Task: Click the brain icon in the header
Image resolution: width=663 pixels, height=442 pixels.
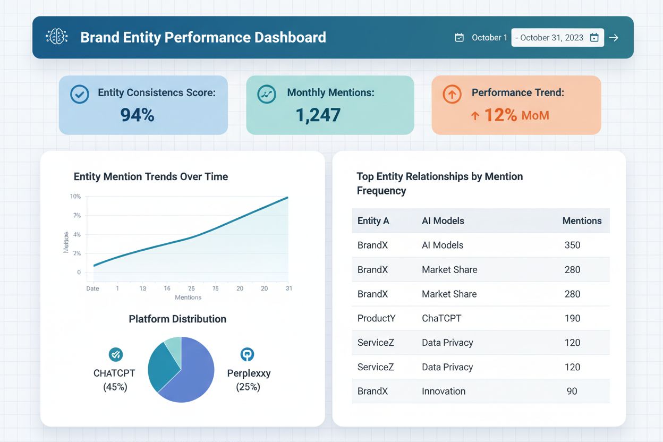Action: click(x=57, y=37)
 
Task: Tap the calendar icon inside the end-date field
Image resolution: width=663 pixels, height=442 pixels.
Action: click(x=594, y=38)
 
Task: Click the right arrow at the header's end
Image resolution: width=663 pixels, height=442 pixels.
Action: click(x=614, y=38)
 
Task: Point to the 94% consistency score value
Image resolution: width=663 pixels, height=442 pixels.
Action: click(x=137, y=114)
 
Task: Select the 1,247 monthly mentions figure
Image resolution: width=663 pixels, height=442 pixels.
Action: click(x=318, y=114)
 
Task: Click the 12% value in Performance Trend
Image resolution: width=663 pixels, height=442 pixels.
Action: click(x=500, y=115)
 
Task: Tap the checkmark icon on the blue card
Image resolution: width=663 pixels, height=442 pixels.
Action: click(x=80, y=94)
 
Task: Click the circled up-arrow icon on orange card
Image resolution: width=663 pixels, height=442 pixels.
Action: click(x=452, y=94)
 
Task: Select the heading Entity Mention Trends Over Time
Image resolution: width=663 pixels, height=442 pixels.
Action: click(x=151, y=177)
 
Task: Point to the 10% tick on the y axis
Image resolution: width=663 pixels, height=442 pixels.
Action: click(x=75, y=197)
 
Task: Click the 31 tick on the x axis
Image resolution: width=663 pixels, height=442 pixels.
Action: click(x=288, y=288)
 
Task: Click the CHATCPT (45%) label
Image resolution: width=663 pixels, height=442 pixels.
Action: click(x=115, y=380)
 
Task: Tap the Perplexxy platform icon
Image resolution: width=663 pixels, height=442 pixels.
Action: click(x=247, y=354)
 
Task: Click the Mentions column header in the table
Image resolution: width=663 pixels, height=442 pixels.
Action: click(x=582, y=221)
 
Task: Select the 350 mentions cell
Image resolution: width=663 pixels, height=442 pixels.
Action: click(x=572, y=245)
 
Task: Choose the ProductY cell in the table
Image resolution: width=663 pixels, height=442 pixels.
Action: click(x=377, y=318)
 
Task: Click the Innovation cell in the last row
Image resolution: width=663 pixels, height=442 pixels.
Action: click(x=444, y=392)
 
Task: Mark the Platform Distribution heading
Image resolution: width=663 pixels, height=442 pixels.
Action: click(x=177, y=319)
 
